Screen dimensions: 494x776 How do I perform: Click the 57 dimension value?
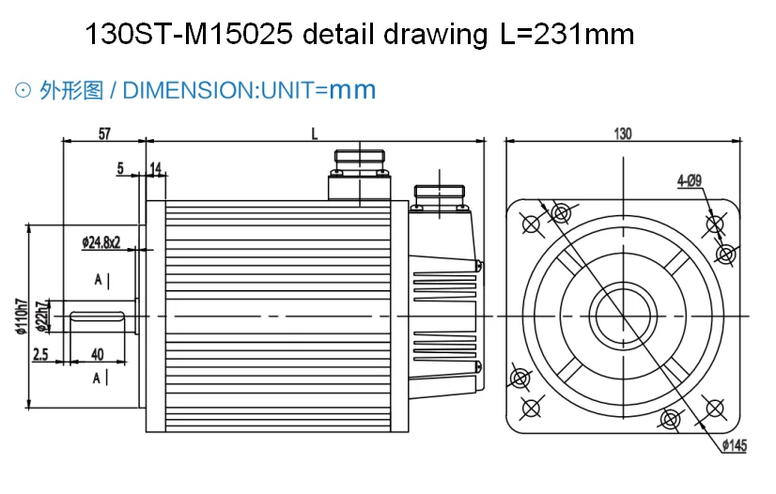(104, 133)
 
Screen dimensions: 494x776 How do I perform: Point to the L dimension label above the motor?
(315, 133)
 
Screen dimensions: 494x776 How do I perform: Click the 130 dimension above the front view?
(623, 133)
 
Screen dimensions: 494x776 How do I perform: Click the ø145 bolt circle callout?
(735, 446)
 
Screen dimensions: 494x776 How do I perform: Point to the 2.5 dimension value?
(40, 353)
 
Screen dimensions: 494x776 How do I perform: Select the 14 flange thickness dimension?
(156, 168)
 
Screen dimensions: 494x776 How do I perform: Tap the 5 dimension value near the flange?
(120, 168)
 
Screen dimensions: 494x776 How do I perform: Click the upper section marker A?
(99, 280)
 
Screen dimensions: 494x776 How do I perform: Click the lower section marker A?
(99, 378)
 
